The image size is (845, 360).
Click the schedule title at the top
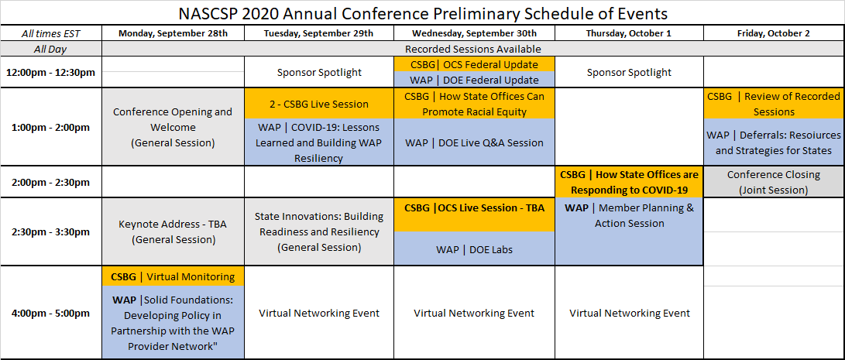pyautogui.click(x=422, y=13)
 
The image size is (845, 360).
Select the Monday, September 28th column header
pyautogui.click(x=173, y=33)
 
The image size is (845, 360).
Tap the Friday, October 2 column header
pyautogui.click(x=774, y=33)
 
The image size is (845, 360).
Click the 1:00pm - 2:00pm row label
pyautogui.click(x=50, y=128)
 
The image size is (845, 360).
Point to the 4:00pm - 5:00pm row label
pyautogui.click(x=50, y=313)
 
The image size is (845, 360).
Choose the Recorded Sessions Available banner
pyautogui.click(x=472, y=49)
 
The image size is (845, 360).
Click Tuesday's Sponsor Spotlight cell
pyautogui.click(x=319, y=72)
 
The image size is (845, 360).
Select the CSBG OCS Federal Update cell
pyautogui.click(x=474, y=65)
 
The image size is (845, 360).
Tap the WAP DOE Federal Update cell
pyautogui.click(x=474, y=80)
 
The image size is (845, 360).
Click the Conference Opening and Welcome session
pyautogui.click(x=173, y=128)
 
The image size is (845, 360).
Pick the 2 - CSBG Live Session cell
pyautogui.click(x=319, y=104)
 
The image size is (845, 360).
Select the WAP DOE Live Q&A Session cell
pyautogui.click(x=474, y=142)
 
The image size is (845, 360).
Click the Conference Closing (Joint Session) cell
pyautogui.click(x=774, y=182)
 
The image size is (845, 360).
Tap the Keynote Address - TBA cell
pyautogui.click(x=173, y=232)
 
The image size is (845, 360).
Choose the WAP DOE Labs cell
pyautogui.click(x=474, y=249)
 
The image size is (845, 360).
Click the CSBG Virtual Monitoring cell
pyautogui.click(x=173, y=277)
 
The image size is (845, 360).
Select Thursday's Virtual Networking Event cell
pyautogui.click(x=630, y=313)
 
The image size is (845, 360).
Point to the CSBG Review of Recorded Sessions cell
pyautogui.click(x=774, y=104)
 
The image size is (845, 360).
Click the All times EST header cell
pyautogui.click(x=50, y=33)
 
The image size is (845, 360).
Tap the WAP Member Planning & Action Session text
pyautogui.click(x=630, y=215)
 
